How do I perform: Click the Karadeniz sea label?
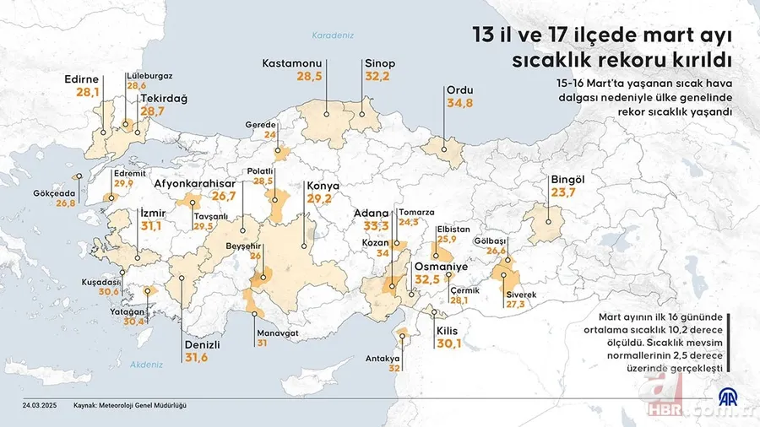point(332,35)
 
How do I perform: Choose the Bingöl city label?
point(567,180)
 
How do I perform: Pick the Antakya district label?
point(382,358)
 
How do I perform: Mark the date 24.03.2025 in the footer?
point(40,404)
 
